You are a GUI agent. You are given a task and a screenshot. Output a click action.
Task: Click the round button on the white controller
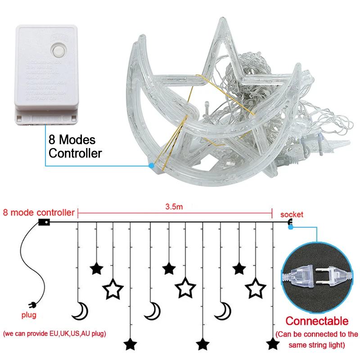tap(58, 49)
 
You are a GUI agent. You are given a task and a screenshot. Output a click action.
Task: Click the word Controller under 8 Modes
tap(75, 153)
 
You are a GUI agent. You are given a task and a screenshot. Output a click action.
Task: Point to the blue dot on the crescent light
tap(152, 166)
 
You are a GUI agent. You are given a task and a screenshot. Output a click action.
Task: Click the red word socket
tap(292, 214)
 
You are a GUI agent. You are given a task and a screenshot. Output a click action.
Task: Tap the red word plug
tap(29, 315)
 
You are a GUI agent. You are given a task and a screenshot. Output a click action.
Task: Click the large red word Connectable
tap(317, 321)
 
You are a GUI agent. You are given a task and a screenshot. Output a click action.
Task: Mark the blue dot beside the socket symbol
tap(291, 227)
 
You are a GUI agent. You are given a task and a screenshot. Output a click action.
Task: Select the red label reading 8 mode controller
tap(38, 212)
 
